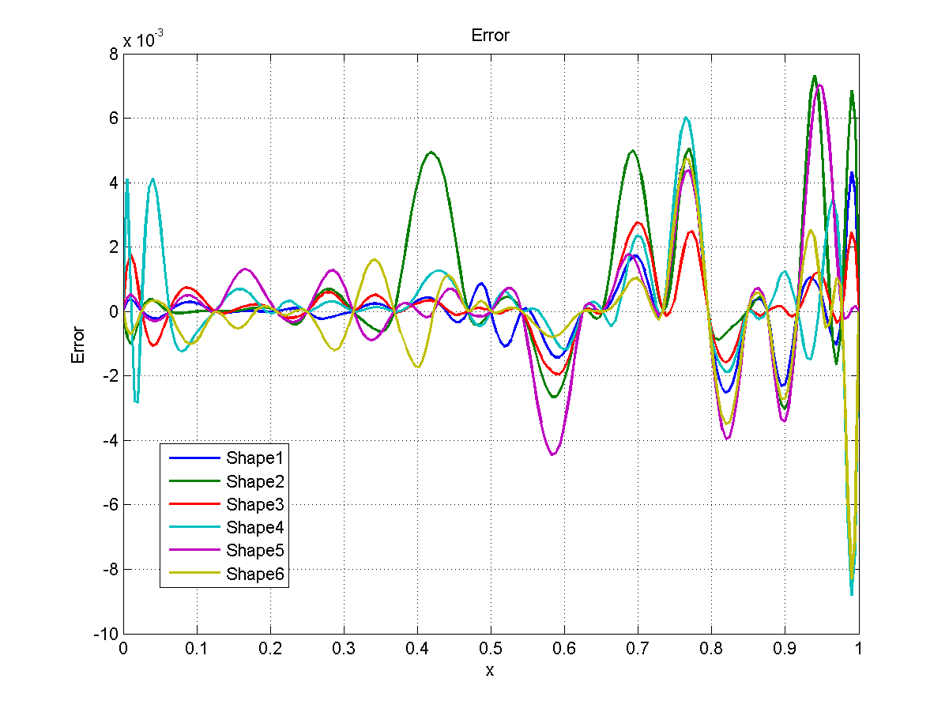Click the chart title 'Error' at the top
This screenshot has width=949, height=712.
click(490, 36)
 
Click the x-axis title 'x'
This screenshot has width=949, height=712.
click(490, 670)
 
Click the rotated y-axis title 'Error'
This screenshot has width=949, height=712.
click(77, 344)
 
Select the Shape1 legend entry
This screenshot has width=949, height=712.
click(254, 458)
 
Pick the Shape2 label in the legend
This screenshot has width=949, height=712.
click(254, 481)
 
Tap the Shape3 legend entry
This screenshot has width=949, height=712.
click(254, 504)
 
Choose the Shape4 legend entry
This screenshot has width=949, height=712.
click(254, 527)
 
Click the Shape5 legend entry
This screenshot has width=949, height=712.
click(254, 550)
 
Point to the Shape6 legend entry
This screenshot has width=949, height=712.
click(254, 574)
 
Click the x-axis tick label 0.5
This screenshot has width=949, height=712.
click(490, 648)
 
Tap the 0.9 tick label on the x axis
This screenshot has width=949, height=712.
click(785, 648)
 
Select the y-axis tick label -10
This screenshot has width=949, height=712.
click(106, 635)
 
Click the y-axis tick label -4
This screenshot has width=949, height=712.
click(109, 441)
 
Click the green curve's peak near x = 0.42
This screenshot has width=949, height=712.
click(431, 152)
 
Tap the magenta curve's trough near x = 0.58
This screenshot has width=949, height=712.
click(552, 454)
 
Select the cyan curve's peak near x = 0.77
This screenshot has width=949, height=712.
click(687, 118)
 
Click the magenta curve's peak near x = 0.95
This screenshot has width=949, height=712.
click(820, 85)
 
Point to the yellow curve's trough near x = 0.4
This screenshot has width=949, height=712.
click(417, 367)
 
